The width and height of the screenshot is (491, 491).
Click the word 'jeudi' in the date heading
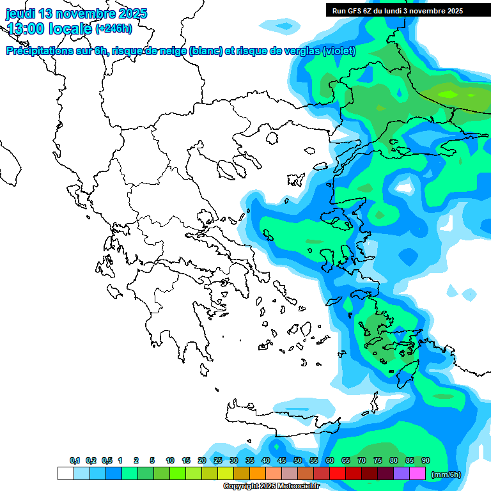click(22, 13)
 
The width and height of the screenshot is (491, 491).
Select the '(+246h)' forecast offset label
click(114, 29)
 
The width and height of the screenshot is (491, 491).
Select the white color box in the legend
click(65, 474)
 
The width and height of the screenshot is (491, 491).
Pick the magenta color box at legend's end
click(417, 474)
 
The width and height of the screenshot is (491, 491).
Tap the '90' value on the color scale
click(426, 460)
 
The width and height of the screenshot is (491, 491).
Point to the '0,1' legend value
click(74, 460)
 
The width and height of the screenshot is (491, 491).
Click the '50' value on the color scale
click(298, 460)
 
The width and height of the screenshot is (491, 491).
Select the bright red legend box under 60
click(338, 474)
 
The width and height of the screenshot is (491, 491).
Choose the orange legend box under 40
click(258, 474)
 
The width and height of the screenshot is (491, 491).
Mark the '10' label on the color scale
click(170, 460)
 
